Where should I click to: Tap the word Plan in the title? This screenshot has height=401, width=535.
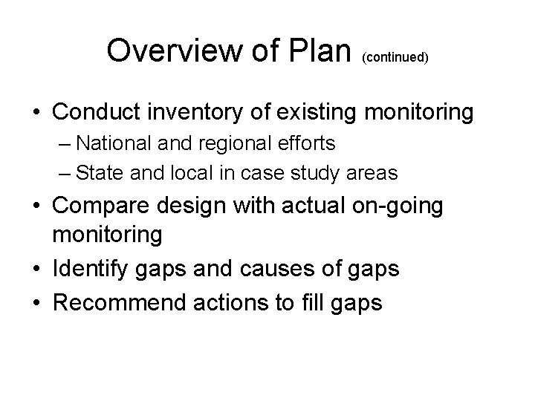click(320, 50)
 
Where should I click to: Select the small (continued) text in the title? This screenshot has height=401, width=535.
click(396, 56)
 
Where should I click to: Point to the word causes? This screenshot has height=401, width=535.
click(278, 269)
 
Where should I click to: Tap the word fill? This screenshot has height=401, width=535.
click(313, 302)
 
